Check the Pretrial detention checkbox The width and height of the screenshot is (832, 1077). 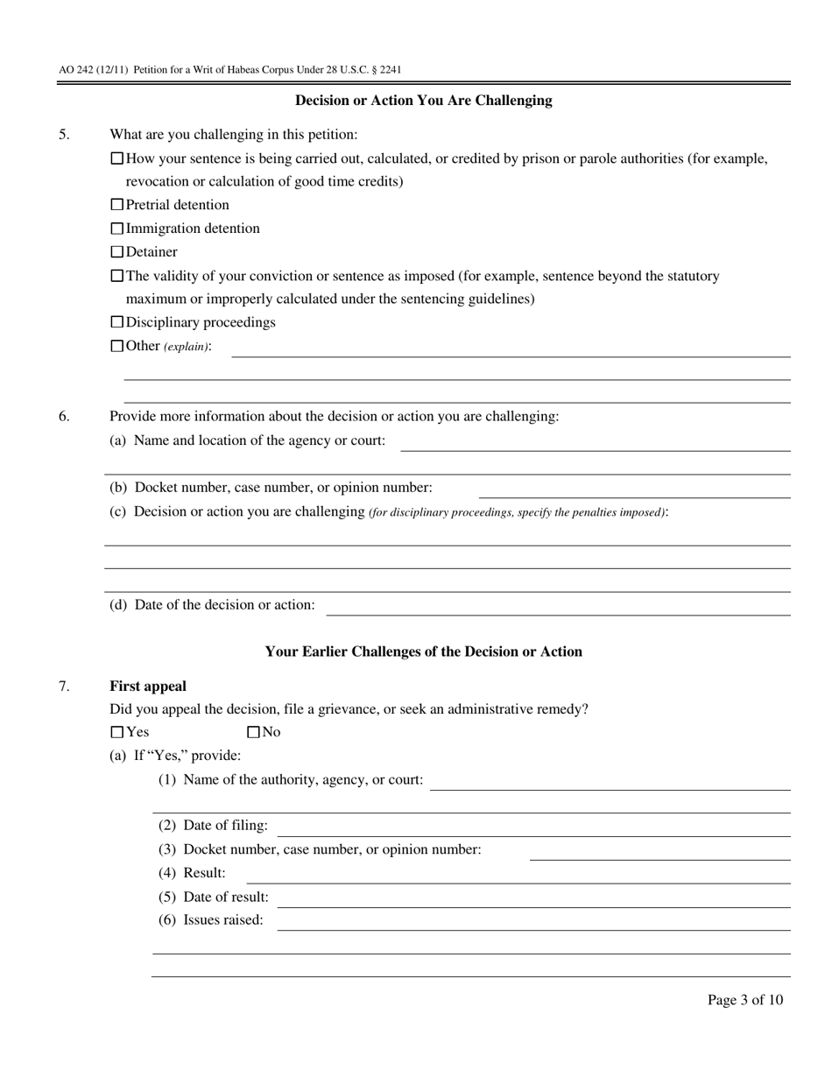tap(117, 205)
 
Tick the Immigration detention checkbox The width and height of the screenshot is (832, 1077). tap(117, 229)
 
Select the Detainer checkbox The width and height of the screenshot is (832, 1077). tap(117, 252)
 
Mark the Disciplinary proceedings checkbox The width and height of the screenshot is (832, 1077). tap(117, 322)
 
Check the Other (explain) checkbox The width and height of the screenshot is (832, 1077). tap(117, 346)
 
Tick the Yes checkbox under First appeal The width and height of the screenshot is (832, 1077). tap(117, 732)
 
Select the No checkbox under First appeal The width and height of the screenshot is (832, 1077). tap(254, 732)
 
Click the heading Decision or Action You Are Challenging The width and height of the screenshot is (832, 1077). tap(423, 101)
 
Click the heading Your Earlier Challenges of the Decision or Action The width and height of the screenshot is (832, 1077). tap(423, 651)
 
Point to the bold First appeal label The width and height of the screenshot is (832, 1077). tap(147, 686)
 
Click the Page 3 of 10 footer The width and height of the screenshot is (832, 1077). tap(745, 1000)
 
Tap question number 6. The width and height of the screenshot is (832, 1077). tap(65, 417)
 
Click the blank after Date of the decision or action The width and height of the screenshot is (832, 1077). tap(558, 606)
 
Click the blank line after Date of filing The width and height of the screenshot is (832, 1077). tap(534, 827)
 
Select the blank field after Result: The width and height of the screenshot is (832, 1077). tap(518, 874)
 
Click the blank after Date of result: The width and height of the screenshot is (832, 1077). tap(534, 897)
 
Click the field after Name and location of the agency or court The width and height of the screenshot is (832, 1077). tap(596, 441)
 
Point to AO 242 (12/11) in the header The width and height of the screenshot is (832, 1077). tap(93, 70)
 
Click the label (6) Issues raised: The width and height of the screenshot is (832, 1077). tap(210, 920)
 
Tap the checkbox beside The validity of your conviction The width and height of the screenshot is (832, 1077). tap(117, 276)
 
